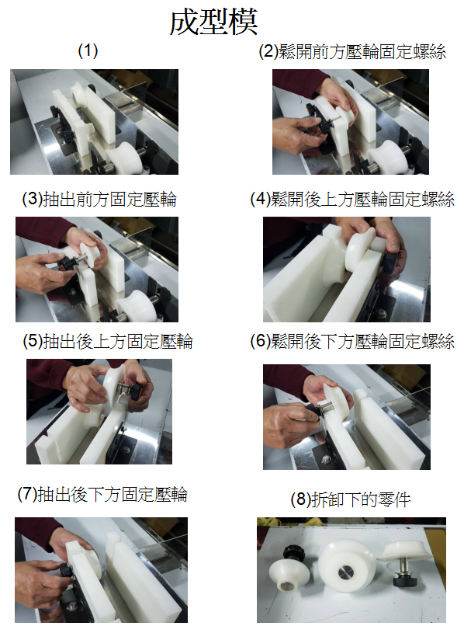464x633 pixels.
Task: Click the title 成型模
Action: [x=213, y=23]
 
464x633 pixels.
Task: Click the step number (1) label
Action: [x=88, y=50]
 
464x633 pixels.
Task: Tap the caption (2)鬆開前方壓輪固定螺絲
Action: [x=352, y=52]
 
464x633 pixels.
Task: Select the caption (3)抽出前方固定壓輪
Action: [x=99, y=199]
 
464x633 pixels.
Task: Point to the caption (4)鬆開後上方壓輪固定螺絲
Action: [x=352, y=199]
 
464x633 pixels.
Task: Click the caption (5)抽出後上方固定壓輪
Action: [x=108, y=341]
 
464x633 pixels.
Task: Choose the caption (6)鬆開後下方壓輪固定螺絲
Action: [x=352, y=341]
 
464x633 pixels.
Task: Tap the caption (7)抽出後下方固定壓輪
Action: [x=102, y=494]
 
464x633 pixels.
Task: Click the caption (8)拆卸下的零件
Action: [x=351, y=499]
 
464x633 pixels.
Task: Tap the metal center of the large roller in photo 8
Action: [x=345, y=572]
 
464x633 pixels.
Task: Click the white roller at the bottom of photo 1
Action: [x=123, y=158]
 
